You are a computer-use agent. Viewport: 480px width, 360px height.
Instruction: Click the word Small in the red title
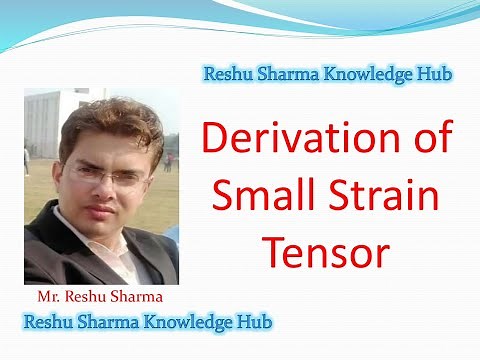pos(263,195)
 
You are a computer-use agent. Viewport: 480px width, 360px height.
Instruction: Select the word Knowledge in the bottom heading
pos(184,323)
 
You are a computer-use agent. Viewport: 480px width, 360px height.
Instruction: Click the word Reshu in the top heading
pos(229,73)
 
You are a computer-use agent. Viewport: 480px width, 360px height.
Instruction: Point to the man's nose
pos(99,193)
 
